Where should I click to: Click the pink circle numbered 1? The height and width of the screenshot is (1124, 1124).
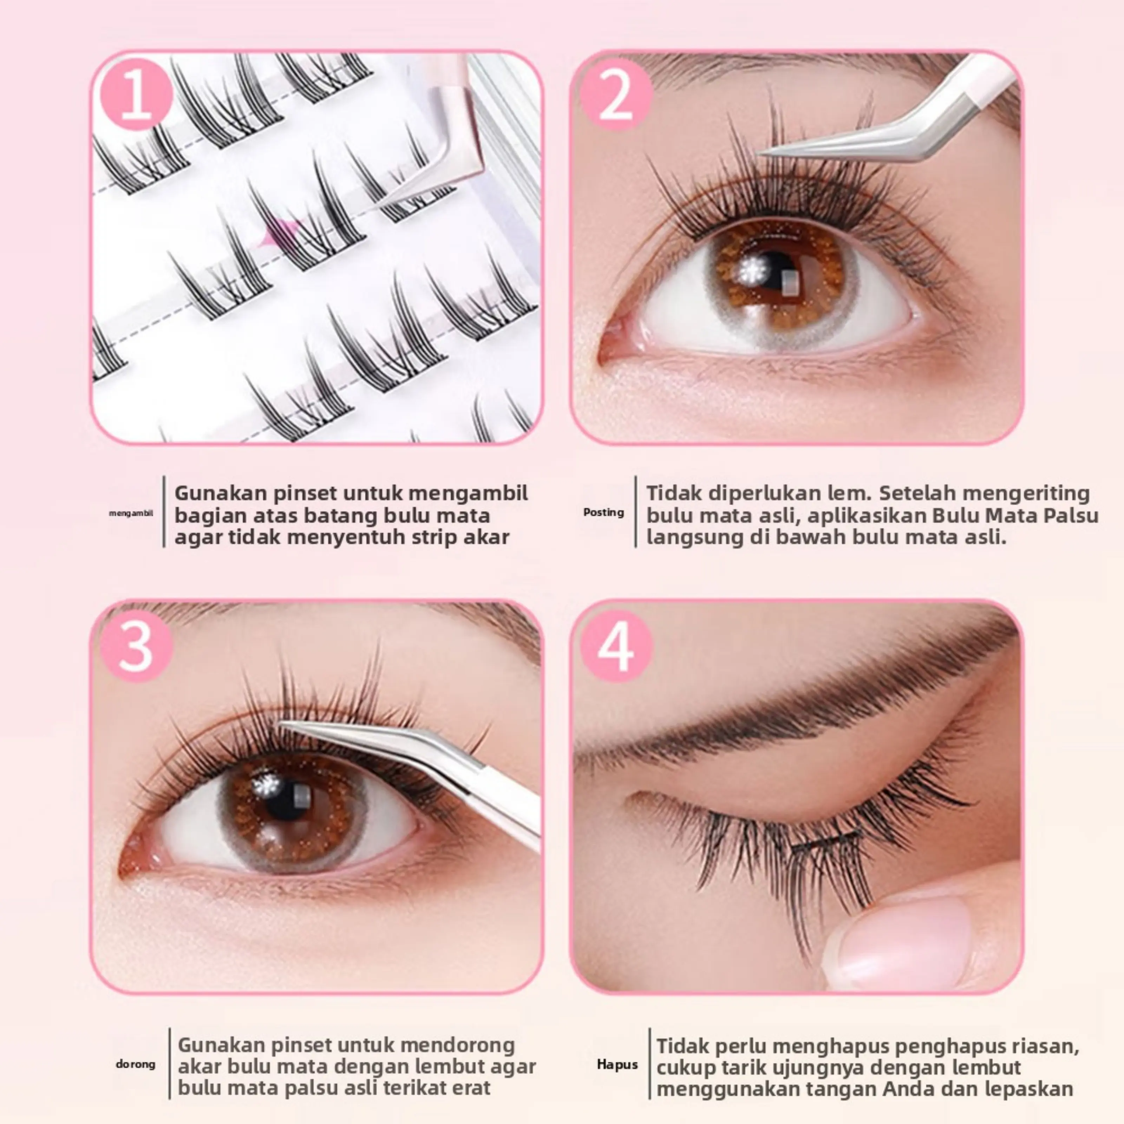click(136, 94)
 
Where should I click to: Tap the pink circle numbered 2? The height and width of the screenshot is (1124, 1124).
click(616, 94)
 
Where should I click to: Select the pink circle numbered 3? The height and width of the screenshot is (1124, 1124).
click(136, 646)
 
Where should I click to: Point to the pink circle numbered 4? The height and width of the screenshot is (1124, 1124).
click(616, 646)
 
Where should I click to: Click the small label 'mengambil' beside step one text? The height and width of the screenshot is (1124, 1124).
click(131, 512)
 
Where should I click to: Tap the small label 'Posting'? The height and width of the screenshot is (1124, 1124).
click(603, 512)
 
